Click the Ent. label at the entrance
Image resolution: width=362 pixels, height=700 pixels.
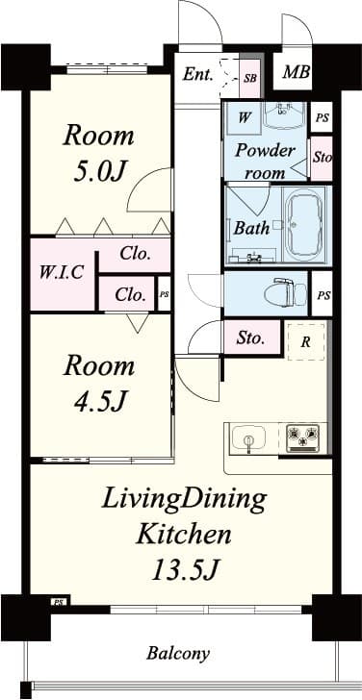(x=197, y=73)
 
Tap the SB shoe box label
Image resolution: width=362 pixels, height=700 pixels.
(x=250, y=77)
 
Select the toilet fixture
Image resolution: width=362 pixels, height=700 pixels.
(x=281, y=290)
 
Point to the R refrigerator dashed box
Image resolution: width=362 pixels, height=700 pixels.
(x=305, y=340)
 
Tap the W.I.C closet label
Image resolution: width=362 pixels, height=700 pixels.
(x=61, y=272)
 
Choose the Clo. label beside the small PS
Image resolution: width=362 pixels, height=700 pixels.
(x=132, y=294)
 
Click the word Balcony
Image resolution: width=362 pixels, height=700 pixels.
(x=177, y=654)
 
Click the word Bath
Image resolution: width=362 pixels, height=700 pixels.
(x=251, y=229)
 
